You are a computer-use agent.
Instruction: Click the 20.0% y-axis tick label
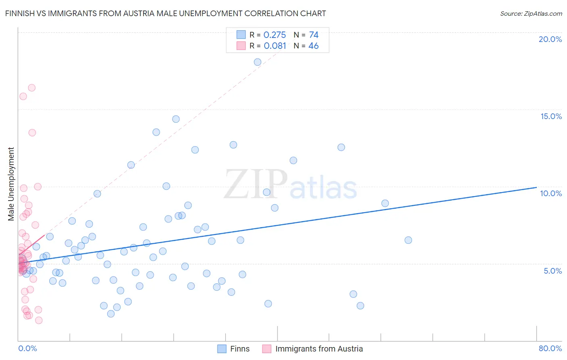(x=550, y=39)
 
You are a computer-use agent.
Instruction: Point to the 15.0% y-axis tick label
(x=551, y=116)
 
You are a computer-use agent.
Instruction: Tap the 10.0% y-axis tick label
(x=551, y=193)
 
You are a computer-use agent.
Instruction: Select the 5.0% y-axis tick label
(x=552, y=271)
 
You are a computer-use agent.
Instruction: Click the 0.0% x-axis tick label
(x=27, y=348)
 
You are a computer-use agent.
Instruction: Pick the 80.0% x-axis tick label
(x=550, y=348)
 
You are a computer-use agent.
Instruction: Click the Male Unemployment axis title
(x=11, y=184)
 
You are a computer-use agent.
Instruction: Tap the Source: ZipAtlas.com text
(x=531, y=13)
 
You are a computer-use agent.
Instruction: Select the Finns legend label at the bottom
(x=240, y=349)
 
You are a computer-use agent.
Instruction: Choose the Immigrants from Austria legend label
(x=319, y=349)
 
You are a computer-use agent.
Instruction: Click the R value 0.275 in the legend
(x=275, y=35)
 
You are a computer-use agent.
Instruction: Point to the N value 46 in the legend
(x=313, y=46)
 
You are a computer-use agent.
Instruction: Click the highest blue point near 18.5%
(x=258, y=62)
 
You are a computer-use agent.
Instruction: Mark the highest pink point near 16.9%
(x=31, y=88)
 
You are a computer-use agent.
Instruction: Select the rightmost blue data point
(x=408, y=240)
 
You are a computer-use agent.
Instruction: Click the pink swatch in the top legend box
(x=241, y=46)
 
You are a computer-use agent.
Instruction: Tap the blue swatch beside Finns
(x=222, y=349)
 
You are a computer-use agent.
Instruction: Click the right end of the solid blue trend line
(x=536, y=187)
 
